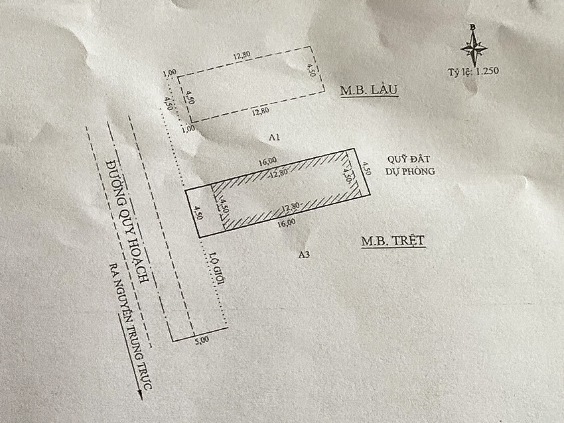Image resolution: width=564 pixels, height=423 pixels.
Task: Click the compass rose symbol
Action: click(473, 47)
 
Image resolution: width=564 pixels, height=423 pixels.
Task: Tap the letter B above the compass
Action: click(472, 27)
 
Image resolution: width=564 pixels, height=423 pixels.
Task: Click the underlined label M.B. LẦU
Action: click(369, 90)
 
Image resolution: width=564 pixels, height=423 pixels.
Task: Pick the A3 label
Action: click(305, 253)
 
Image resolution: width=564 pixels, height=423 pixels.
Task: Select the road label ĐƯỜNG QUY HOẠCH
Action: click(129, 219)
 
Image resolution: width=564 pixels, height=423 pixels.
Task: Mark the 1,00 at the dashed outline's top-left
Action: click(169, 72)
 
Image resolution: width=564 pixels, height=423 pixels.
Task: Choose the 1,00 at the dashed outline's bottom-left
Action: click(188, 127)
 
